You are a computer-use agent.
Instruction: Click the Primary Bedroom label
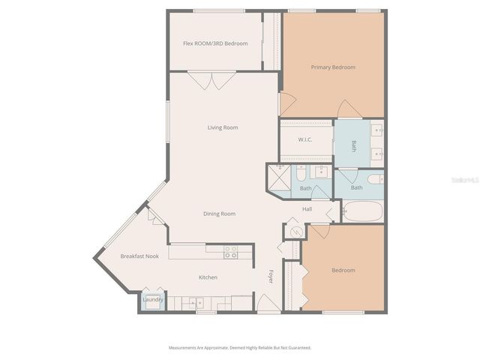(x=333, y=67)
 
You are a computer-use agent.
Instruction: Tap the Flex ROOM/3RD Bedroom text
(x=215, y=43)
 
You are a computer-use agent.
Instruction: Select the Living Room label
(x=223, y=127)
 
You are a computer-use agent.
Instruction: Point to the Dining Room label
(x=219, y=214)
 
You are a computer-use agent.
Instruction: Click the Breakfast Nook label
(x=139, y=256)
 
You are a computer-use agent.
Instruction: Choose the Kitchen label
(x=208, y=277)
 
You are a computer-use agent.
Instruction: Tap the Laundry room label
(x=153, y=301)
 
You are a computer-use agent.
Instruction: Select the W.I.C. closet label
(x=305, y=139)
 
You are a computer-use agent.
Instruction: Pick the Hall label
(x=307, y=208)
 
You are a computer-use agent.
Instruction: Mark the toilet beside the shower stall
(x=299, y=175)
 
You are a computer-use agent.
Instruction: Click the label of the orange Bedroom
(x=343, y=270)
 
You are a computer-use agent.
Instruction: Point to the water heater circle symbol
(x=295, y=231)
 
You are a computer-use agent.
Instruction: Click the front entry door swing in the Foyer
(x=267, y=304)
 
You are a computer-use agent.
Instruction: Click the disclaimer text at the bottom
(x=239, y=348)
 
